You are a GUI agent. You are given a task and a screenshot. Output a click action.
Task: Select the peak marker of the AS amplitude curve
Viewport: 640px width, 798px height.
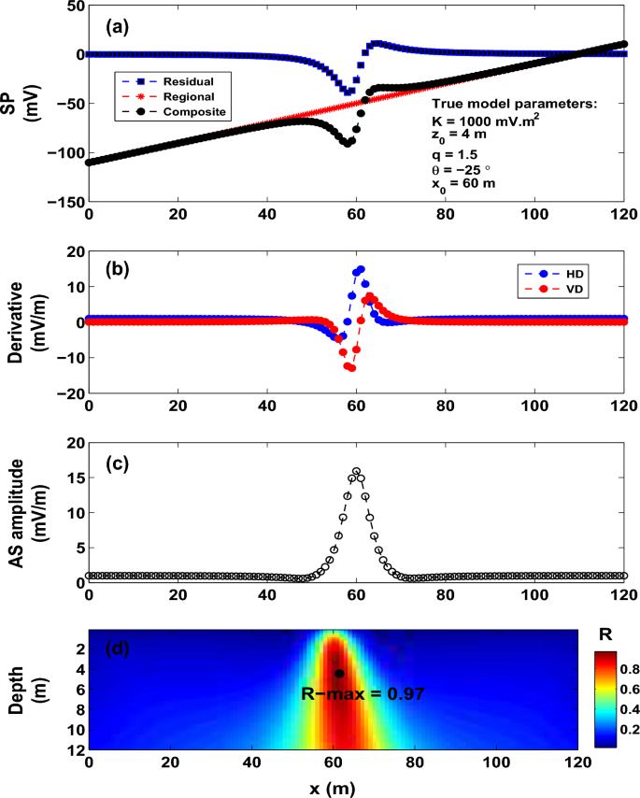(356, 471)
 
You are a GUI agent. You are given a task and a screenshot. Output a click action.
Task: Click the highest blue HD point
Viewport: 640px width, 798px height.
(360, 270)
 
